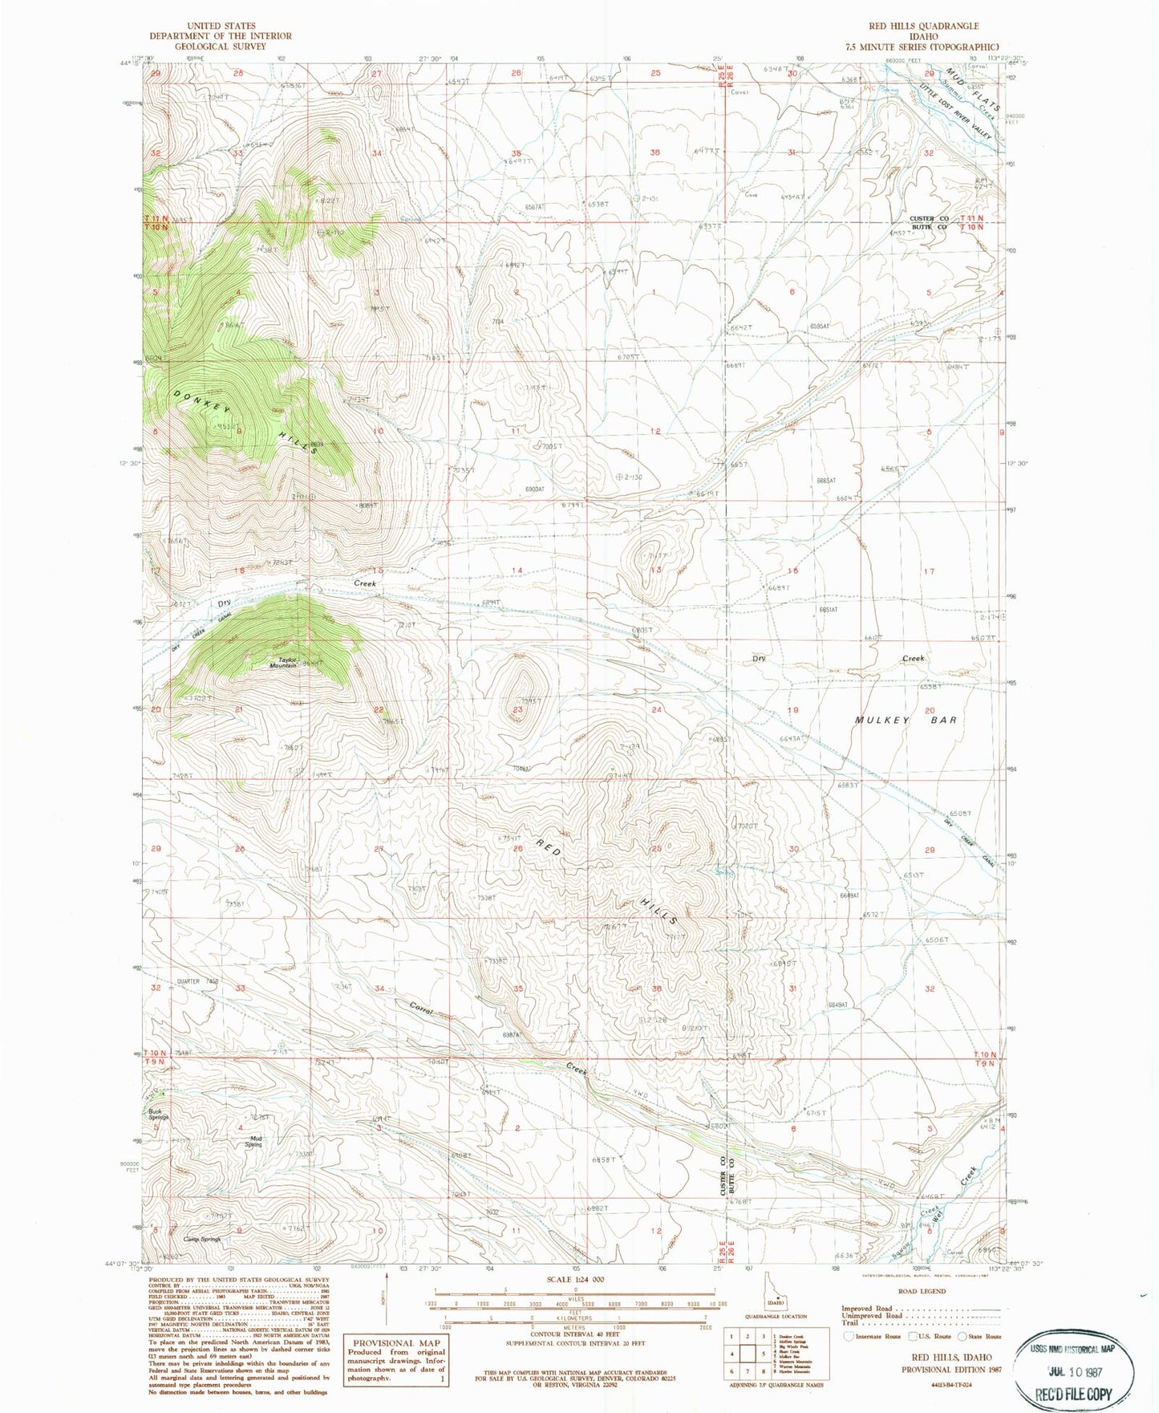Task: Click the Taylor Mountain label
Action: coord(282,662)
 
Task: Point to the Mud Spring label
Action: coord(253,1141)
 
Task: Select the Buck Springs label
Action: coord(159,1114)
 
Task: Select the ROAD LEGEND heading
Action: coord(922,1291)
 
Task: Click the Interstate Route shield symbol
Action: coord(849,1336)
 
